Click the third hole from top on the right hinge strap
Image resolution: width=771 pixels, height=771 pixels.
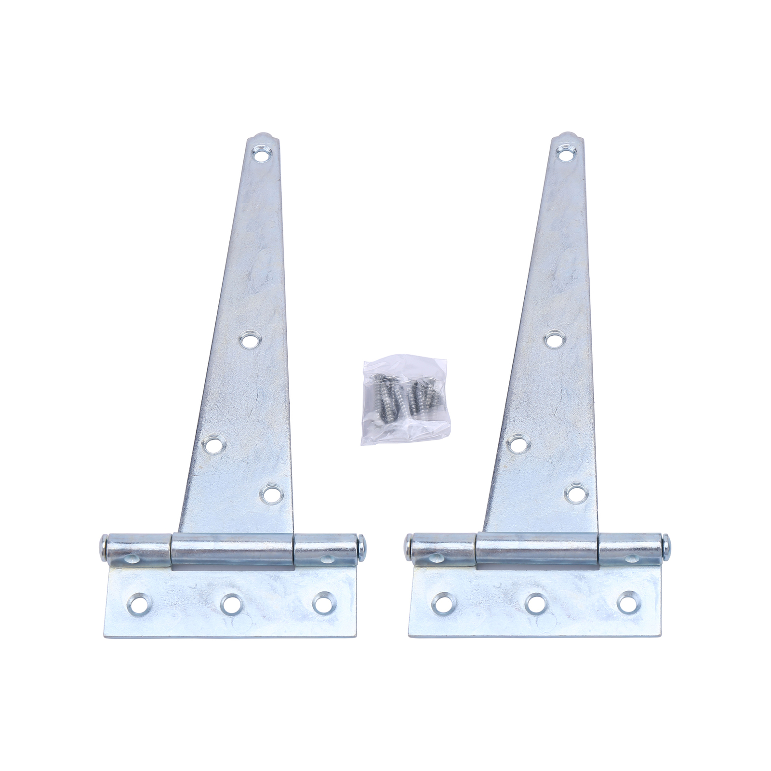pos(518,442)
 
